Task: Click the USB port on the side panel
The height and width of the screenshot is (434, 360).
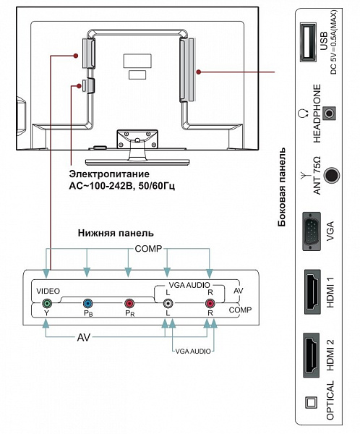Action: click(308, 43)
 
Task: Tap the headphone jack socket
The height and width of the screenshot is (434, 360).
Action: click(329, 114)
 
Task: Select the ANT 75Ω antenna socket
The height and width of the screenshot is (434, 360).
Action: click(331, 175)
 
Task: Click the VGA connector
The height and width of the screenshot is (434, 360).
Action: click(312, 231)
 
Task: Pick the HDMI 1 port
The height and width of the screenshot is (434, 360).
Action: click(313, 292)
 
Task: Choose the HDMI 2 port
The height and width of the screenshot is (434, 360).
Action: click(312, 355)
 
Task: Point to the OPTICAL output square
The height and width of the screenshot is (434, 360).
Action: click(311, 403)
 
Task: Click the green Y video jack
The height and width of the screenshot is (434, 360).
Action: click(47, 304)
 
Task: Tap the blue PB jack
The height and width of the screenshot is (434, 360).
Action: click(87, 304)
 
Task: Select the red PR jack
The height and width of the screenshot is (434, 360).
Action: click(129, 304)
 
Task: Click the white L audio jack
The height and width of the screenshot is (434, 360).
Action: click(168, 304)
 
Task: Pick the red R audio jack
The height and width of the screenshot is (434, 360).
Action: click(210, 304)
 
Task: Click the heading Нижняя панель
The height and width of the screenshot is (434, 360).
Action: click(116, 233)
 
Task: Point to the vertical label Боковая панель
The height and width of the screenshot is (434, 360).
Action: click(281, 187)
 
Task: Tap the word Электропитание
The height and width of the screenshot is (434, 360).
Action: click(109, 174)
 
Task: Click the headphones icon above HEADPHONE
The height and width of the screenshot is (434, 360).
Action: click(304, 114)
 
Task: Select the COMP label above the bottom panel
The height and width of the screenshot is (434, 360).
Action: click(148, 249)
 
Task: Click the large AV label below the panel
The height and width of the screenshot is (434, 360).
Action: click(84, 337)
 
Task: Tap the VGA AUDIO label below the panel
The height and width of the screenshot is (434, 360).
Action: click(193, 352)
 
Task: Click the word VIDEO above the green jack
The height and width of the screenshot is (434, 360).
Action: click(48, 291)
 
